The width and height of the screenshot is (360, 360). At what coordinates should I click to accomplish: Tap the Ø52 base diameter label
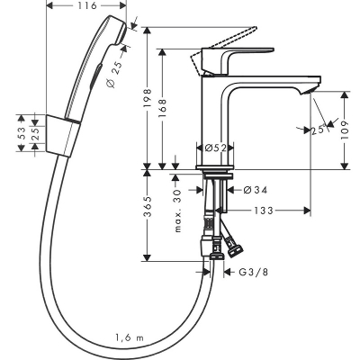(x=214, y=148)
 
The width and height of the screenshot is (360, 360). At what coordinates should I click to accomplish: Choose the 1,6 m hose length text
(x=128, y=337)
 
